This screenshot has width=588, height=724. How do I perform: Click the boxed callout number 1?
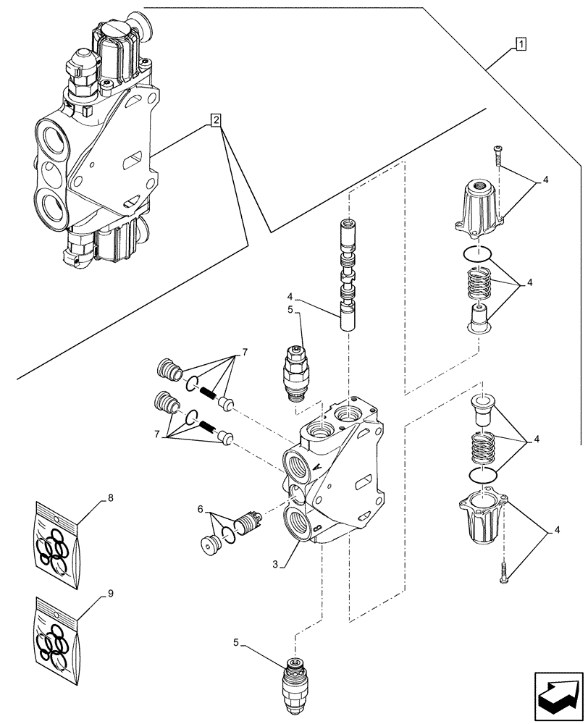click(x=521, y=44)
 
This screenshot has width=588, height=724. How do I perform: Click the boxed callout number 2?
click(x=217, y=120)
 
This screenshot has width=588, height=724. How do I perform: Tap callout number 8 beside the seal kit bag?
click(x=110, y=498)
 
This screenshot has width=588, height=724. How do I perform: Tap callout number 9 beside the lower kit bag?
click(x=110, y=594)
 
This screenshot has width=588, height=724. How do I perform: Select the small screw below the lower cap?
click(x=503, y=573)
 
